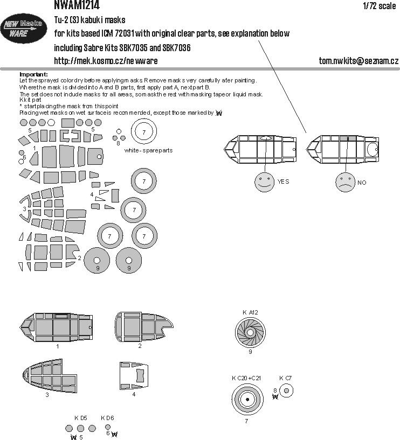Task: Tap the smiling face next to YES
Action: (265, 182)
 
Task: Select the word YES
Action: (284, 182)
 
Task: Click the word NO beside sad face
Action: (362, 183)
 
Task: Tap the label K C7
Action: (286, 378)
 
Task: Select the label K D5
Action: (81, 417)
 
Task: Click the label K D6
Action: (108, 417)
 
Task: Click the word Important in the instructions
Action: (33, 74)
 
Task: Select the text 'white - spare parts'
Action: (148, 150)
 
